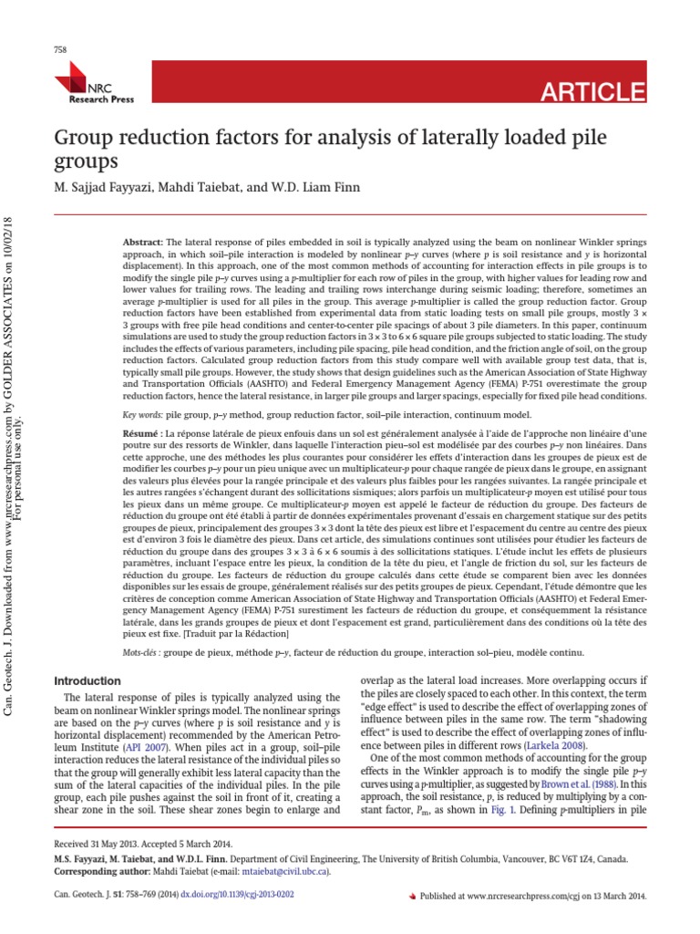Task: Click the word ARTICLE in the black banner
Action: click(593, 91)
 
